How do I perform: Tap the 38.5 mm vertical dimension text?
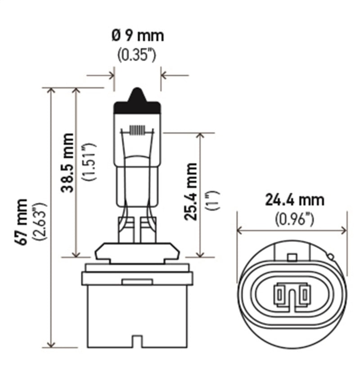tap(68, 162)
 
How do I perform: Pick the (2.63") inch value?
tap(41, 222)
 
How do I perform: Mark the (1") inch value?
tap(211, 200)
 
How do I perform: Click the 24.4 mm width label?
tap(294, 200)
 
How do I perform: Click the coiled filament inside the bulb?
tap(137, 130)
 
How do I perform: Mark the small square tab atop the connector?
tap(292, 258)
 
